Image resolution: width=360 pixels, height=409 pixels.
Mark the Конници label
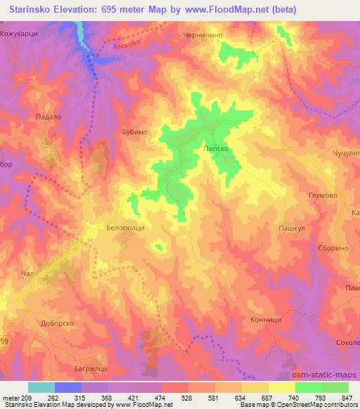pos(266,318)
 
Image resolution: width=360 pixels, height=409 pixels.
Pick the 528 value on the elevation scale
pos(186,396)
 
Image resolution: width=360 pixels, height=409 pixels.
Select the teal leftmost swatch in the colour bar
pos(41,387)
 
